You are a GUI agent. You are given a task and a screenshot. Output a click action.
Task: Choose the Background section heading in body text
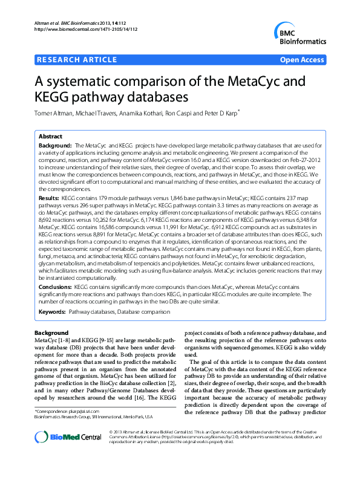pyautogui.click(x=51, y=333)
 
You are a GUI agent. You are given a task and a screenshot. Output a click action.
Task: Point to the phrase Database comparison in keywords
pyautogui.click(x=144, y=311)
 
